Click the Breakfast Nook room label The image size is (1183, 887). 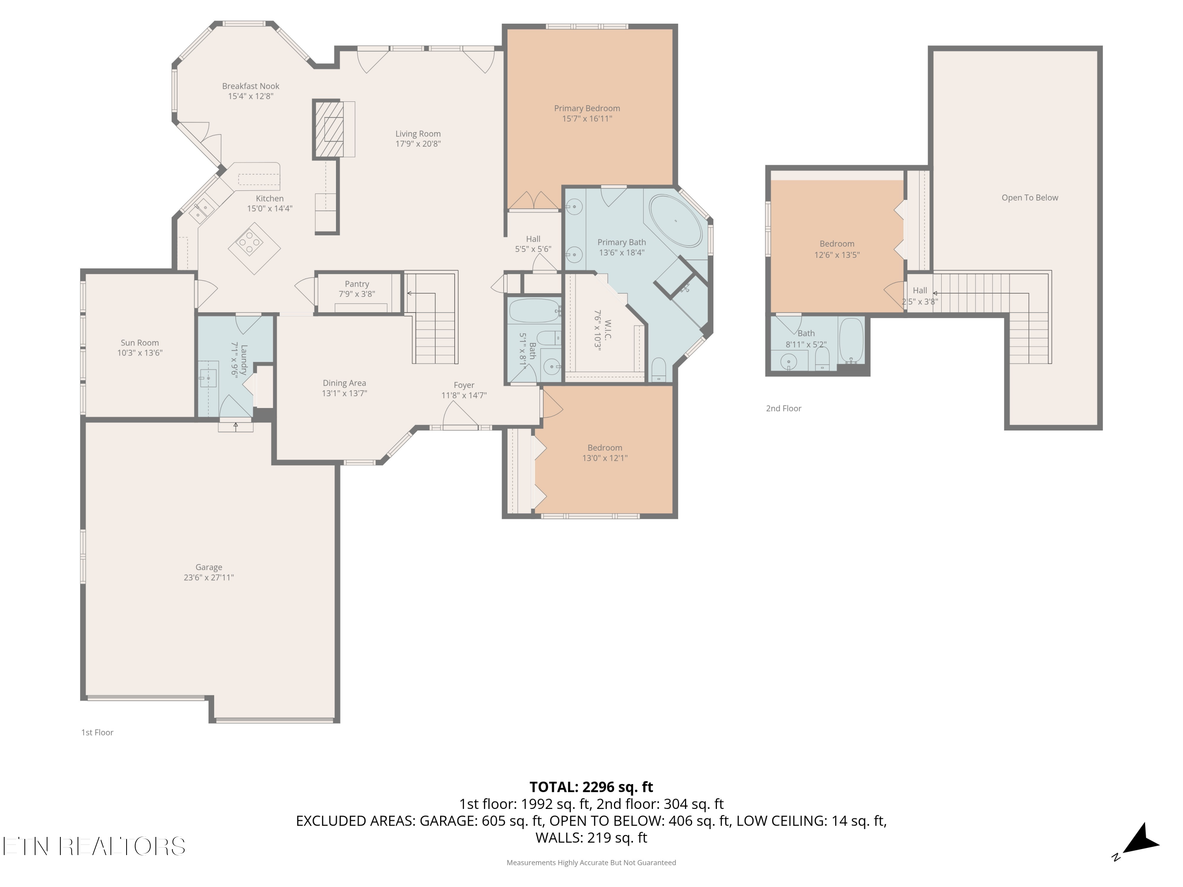251,86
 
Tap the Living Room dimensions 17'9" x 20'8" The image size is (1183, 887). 418,144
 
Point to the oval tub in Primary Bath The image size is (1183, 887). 676,221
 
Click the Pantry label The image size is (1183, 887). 357,284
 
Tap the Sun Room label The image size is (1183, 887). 140,343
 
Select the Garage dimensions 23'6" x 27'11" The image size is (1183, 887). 209,578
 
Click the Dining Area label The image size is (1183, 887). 344,383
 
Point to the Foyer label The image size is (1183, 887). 464,385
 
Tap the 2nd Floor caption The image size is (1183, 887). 784,408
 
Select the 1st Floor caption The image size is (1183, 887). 97,732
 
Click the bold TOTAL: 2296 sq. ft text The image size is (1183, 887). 591,787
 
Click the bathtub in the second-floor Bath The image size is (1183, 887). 851,341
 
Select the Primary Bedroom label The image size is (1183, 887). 587,108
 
